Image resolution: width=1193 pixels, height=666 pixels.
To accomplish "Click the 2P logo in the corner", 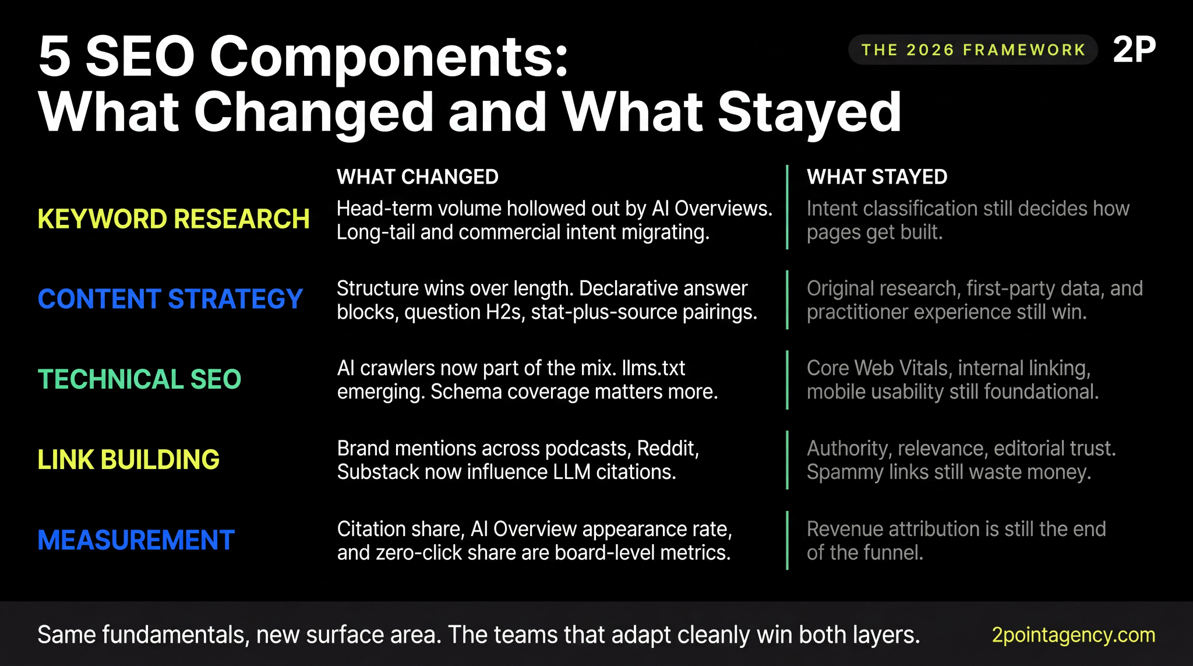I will click(1134, 50).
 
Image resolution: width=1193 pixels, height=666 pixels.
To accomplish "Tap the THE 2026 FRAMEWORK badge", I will click(973, 50).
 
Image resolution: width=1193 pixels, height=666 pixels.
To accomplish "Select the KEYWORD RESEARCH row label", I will click(173, 220).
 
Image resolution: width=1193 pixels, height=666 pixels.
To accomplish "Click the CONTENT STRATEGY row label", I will click(170, 299).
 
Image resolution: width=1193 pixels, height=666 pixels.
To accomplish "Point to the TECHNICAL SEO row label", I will click(139, 379).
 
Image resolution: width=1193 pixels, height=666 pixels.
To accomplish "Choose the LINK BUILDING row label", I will click(128, 460).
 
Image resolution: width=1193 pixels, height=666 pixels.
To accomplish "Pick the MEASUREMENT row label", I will click(136, 540).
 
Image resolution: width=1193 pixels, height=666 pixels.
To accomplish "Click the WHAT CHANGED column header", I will click(417, 177).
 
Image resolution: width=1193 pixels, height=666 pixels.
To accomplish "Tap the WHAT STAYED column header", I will click(877, 177).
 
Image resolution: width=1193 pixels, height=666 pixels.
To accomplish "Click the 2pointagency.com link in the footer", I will click(1073, 635).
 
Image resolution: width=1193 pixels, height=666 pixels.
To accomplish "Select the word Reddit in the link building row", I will click(668, 449).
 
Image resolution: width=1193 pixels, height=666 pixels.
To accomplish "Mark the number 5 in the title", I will click(54, 57).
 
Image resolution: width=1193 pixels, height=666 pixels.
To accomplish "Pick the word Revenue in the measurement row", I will click(844, 529).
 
